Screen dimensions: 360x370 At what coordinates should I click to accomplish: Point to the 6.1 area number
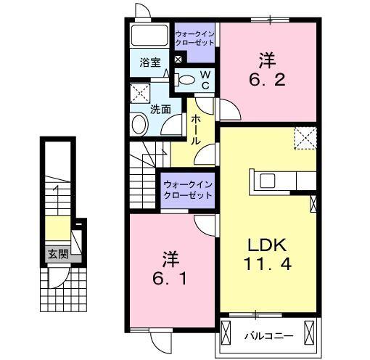click(170, 277)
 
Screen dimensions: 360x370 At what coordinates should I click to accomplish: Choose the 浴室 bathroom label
click(150, 63)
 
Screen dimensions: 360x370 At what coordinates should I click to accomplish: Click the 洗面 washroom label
click(160, 110)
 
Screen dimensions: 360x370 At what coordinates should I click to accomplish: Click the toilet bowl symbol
click(186, 81)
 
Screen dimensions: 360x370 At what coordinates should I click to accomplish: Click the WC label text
click(205, 80)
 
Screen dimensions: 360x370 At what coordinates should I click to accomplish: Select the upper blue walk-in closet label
click(194, 37)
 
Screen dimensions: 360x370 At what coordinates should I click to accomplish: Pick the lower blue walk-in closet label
click(188, 189)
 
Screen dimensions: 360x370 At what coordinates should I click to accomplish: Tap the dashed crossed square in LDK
click(305, 136)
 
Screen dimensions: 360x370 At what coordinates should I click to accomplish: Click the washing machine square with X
click(139, 93)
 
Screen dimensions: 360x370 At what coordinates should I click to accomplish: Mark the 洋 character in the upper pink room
click(267, 58)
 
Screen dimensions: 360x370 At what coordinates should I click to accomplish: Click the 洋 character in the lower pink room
click(170, 258)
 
